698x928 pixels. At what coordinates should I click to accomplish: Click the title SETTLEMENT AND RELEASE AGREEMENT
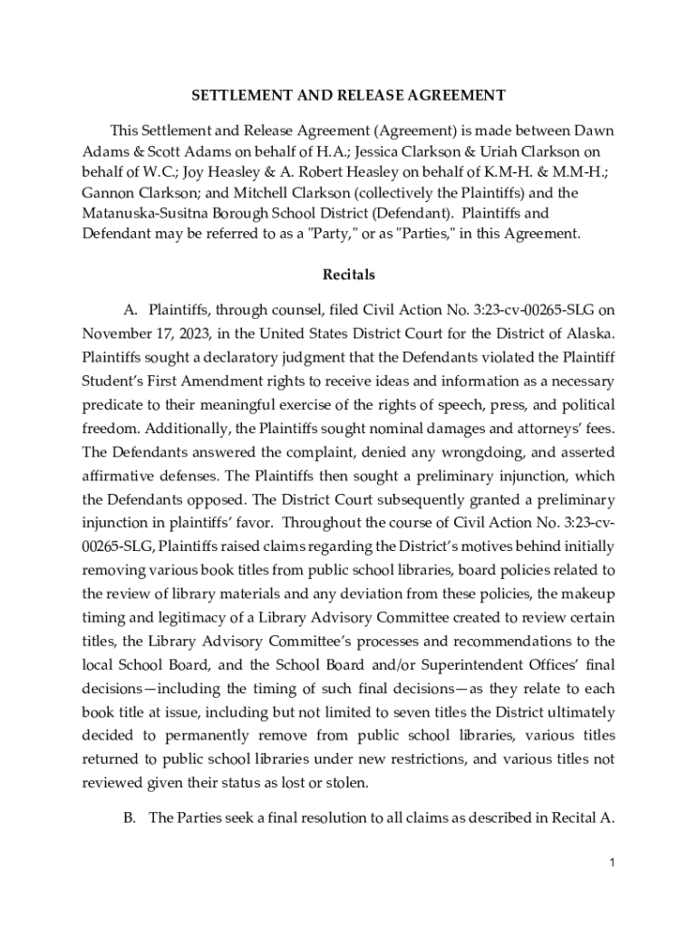click(x=348, y=95)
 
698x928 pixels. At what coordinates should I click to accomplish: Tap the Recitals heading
click(x=348, y=274)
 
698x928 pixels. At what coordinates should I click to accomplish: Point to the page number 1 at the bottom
click(x=613, y=864)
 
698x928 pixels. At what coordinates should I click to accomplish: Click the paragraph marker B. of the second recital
click(x=131, y=819)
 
